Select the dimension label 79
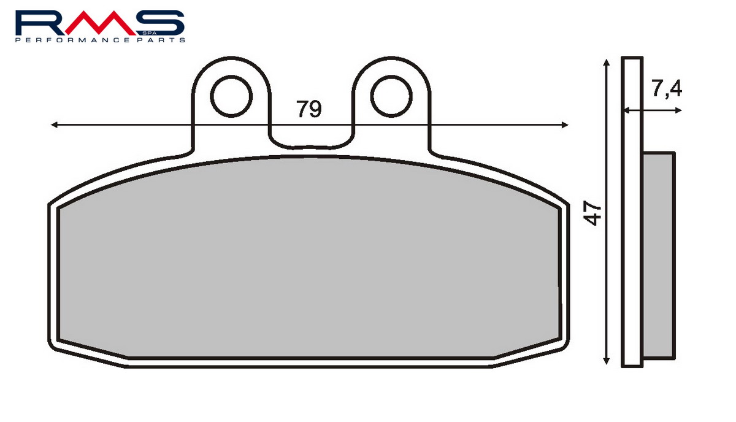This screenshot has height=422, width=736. click(x=309, y=109)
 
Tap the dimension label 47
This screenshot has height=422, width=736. click(x=592, y=213)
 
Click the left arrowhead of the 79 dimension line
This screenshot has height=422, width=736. click(x=54, y=125)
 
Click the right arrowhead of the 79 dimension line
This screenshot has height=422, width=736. click(x=565, y=125)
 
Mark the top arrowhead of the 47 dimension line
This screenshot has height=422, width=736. click(x=607, y=63)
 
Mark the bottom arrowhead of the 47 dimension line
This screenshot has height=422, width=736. click(x=607, y=361)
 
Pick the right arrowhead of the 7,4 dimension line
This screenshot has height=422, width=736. click(x=678, y=110)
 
